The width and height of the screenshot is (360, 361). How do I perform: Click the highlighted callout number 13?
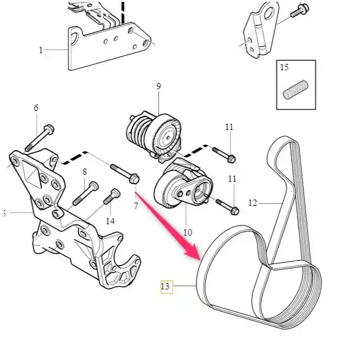[x=165, y=286]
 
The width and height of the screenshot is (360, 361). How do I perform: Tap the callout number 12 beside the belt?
[x=253, y=203]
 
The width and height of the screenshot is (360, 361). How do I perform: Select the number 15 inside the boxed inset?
[x=284, y=67]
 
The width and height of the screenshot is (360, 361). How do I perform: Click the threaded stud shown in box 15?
[x=295, y=90]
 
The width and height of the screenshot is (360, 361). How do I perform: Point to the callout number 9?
[x=158, y=86]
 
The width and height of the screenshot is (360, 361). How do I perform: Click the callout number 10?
[x=188, y=232]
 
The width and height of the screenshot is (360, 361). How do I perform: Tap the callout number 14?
[x=110, y=221]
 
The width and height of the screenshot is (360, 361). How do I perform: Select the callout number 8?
[x=85, y=172]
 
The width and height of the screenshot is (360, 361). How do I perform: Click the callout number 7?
[x=136, y=206]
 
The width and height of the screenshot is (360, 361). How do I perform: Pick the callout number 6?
[x=36, y=108]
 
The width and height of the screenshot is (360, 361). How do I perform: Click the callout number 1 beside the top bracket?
[x=41, y=50]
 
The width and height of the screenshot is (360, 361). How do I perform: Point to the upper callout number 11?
[x=229, y=127]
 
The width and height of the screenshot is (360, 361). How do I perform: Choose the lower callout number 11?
[x=232, y=179]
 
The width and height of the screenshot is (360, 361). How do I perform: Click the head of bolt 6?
[x=49, y=129]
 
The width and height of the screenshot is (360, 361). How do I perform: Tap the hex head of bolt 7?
[x=134, y=179]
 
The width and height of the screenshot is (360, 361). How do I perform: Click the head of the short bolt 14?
[x=115, y=193]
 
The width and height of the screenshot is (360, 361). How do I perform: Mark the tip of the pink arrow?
[x=200, y=260]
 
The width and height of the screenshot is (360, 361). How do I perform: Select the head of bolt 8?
[x=94, y=186]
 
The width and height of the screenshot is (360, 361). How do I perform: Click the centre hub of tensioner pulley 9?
[x=168, y=138]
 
